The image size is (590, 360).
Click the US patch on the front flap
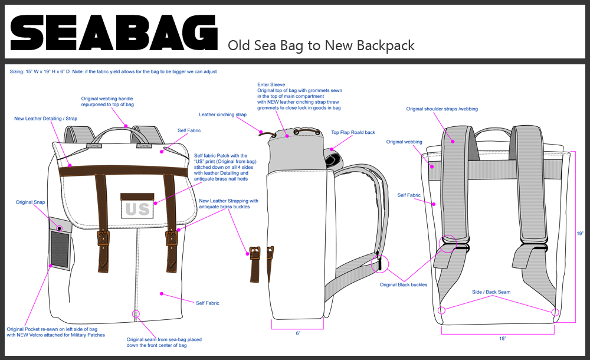coord(137,208)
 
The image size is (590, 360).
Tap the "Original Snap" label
coord(31,202)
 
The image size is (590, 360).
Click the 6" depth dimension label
coord(299,333)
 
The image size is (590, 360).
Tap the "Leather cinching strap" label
coord(222,114)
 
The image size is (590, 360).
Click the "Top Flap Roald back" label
coord(353,133)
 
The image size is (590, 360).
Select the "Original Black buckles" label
coord(404,285)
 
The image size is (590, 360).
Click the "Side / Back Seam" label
coord(491,292)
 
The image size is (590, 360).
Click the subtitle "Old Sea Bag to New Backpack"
coord(321,45)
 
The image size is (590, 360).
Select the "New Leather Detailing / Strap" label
coord(45,119)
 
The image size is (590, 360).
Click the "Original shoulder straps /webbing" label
coord(442,109)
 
